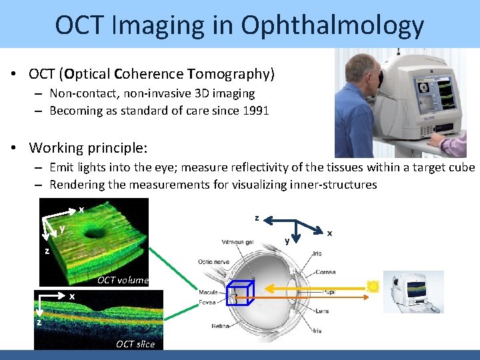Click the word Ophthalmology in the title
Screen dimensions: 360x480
point(333,25)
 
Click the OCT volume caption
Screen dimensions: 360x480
point(123,280)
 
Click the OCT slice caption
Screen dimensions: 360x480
point(135,344)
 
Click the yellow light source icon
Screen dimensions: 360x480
point(373,287)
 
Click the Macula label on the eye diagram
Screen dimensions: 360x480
point(209,291)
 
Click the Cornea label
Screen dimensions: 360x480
point(326,273)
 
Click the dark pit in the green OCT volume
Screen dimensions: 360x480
point(102,235)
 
